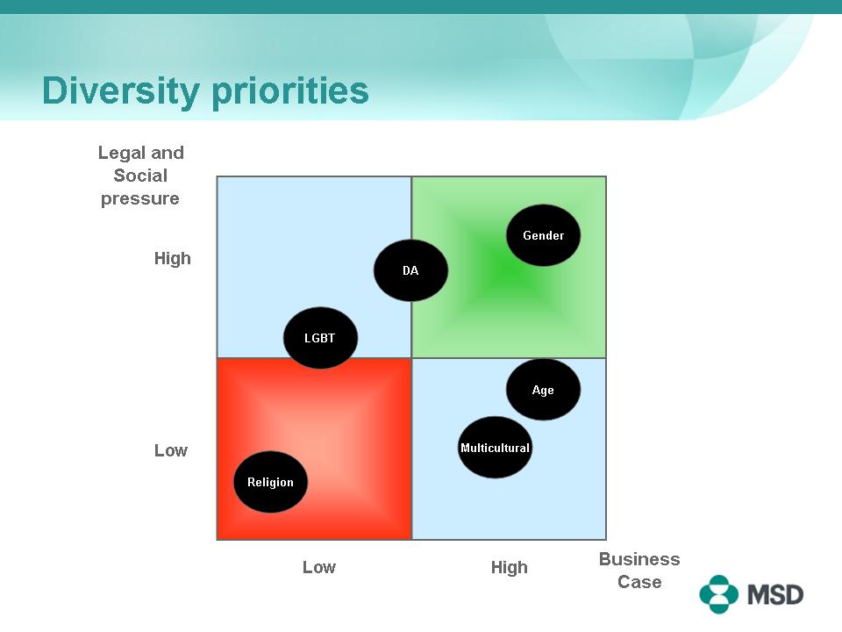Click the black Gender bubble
pos(543,235)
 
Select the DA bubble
pos(410,270)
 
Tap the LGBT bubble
pos(320,337)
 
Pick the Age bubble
pos(543,390)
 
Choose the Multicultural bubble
pos(495,447)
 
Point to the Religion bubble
pos(271,482)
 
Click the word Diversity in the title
pos(121,90)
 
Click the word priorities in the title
pos(290,90)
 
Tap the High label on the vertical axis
pos(173,258)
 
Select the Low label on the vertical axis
pos(171,450)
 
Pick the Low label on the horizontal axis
pos(319,567)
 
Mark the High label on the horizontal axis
pos(509,568)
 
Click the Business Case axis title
pos(639,571)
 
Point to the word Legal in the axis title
pos(122,153)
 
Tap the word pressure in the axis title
pos(140,199)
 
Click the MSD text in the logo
pos(775,594)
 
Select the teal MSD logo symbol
pos(718,594)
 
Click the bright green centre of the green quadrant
pos(505,271)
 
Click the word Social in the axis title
pos(140,176)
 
